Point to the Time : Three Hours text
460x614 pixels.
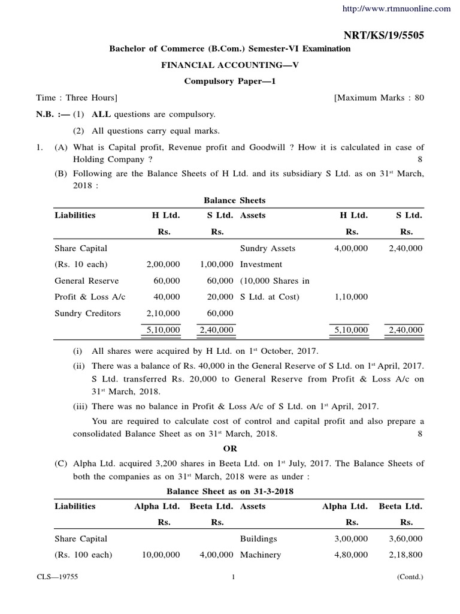(77, 98)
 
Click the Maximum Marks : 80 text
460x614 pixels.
(379, 98)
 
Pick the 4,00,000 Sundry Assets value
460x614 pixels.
(352, 248)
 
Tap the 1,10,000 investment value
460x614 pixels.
(352, 297)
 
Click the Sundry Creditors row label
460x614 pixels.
(87, 313)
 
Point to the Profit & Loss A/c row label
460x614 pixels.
(86, 297)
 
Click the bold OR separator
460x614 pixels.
(231, 449)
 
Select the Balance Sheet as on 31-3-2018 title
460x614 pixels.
(230, 491)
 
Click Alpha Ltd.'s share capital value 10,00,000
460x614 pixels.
(161, 555)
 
